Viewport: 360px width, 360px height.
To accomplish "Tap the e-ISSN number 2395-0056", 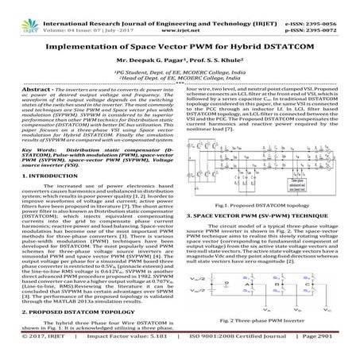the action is [332, 6].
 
